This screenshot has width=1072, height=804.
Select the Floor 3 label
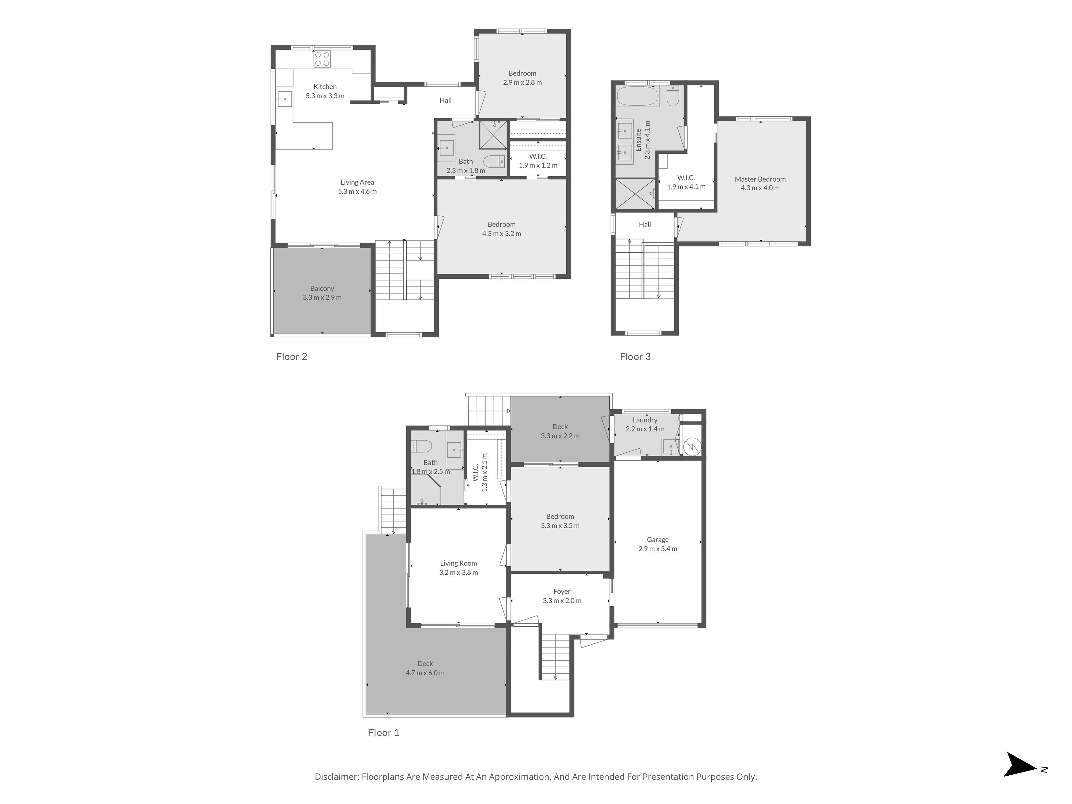tap(635, 357)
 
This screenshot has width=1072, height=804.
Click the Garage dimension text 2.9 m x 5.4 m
tap(658, 549)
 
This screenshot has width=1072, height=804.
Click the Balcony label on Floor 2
tap(322, 288)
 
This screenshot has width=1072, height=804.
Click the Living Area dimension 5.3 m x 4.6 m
tap(357, 191)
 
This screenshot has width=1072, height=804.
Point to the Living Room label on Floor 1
tap(459, 563)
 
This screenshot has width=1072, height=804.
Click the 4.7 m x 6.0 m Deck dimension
tap(425, 673)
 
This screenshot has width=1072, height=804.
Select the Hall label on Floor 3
tap(645, 224)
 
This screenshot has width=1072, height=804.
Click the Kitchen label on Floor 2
tap(325, 87)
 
